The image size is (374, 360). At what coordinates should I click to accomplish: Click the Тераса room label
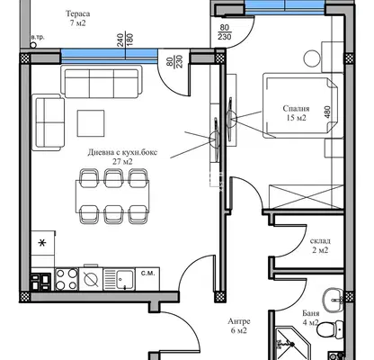(x=77, y=13)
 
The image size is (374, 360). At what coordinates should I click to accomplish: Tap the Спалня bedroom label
(x=296, y=109)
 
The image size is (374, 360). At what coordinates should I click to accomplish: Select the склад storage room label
(x=320, y=241)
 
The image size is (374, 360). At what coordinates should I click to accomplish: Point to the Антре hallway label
(x=239, y=321)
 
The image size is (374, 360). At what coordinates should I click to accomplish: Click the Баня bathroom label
(x=310, y=313)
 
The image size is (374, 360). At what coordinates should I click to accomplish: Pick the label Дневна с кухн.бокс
(x=122, y=152)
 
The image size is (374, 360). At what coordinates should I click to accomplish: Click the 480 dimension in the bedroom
(x=327, y=112)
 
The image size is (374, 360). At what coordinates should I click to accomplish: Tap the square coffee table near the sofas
(x=91, y=123)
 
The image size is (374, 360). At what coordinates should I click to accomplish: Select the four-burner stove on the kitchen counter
(x=67, y=279)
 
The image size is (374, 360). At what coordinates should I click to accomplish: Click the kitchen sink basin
(x=125, y=280)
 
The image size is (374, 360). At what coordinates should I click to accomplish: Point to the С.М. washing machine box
(x=147, y=279)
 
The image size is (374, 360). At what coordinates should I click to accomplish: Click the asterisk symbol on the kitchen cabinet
(x=43, y=243)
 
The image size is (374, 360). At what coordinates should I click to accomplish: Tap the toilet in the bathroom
(x=330, y=328)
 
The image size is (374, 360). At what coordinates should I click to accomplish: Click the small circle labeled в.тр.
(x=33, y=45)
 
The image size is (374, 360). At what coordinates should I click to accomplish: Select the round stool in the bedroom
(x=312, y=58)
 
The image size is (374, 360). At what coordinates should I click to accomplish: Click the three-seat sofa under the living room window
(x=102, y=82)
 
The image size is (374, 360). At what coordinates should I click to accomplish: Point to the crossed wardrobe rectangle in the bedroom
(x=306, y=196)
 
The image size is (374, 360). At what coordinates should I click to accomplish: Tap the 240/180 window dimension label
(x=125, y=40)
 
